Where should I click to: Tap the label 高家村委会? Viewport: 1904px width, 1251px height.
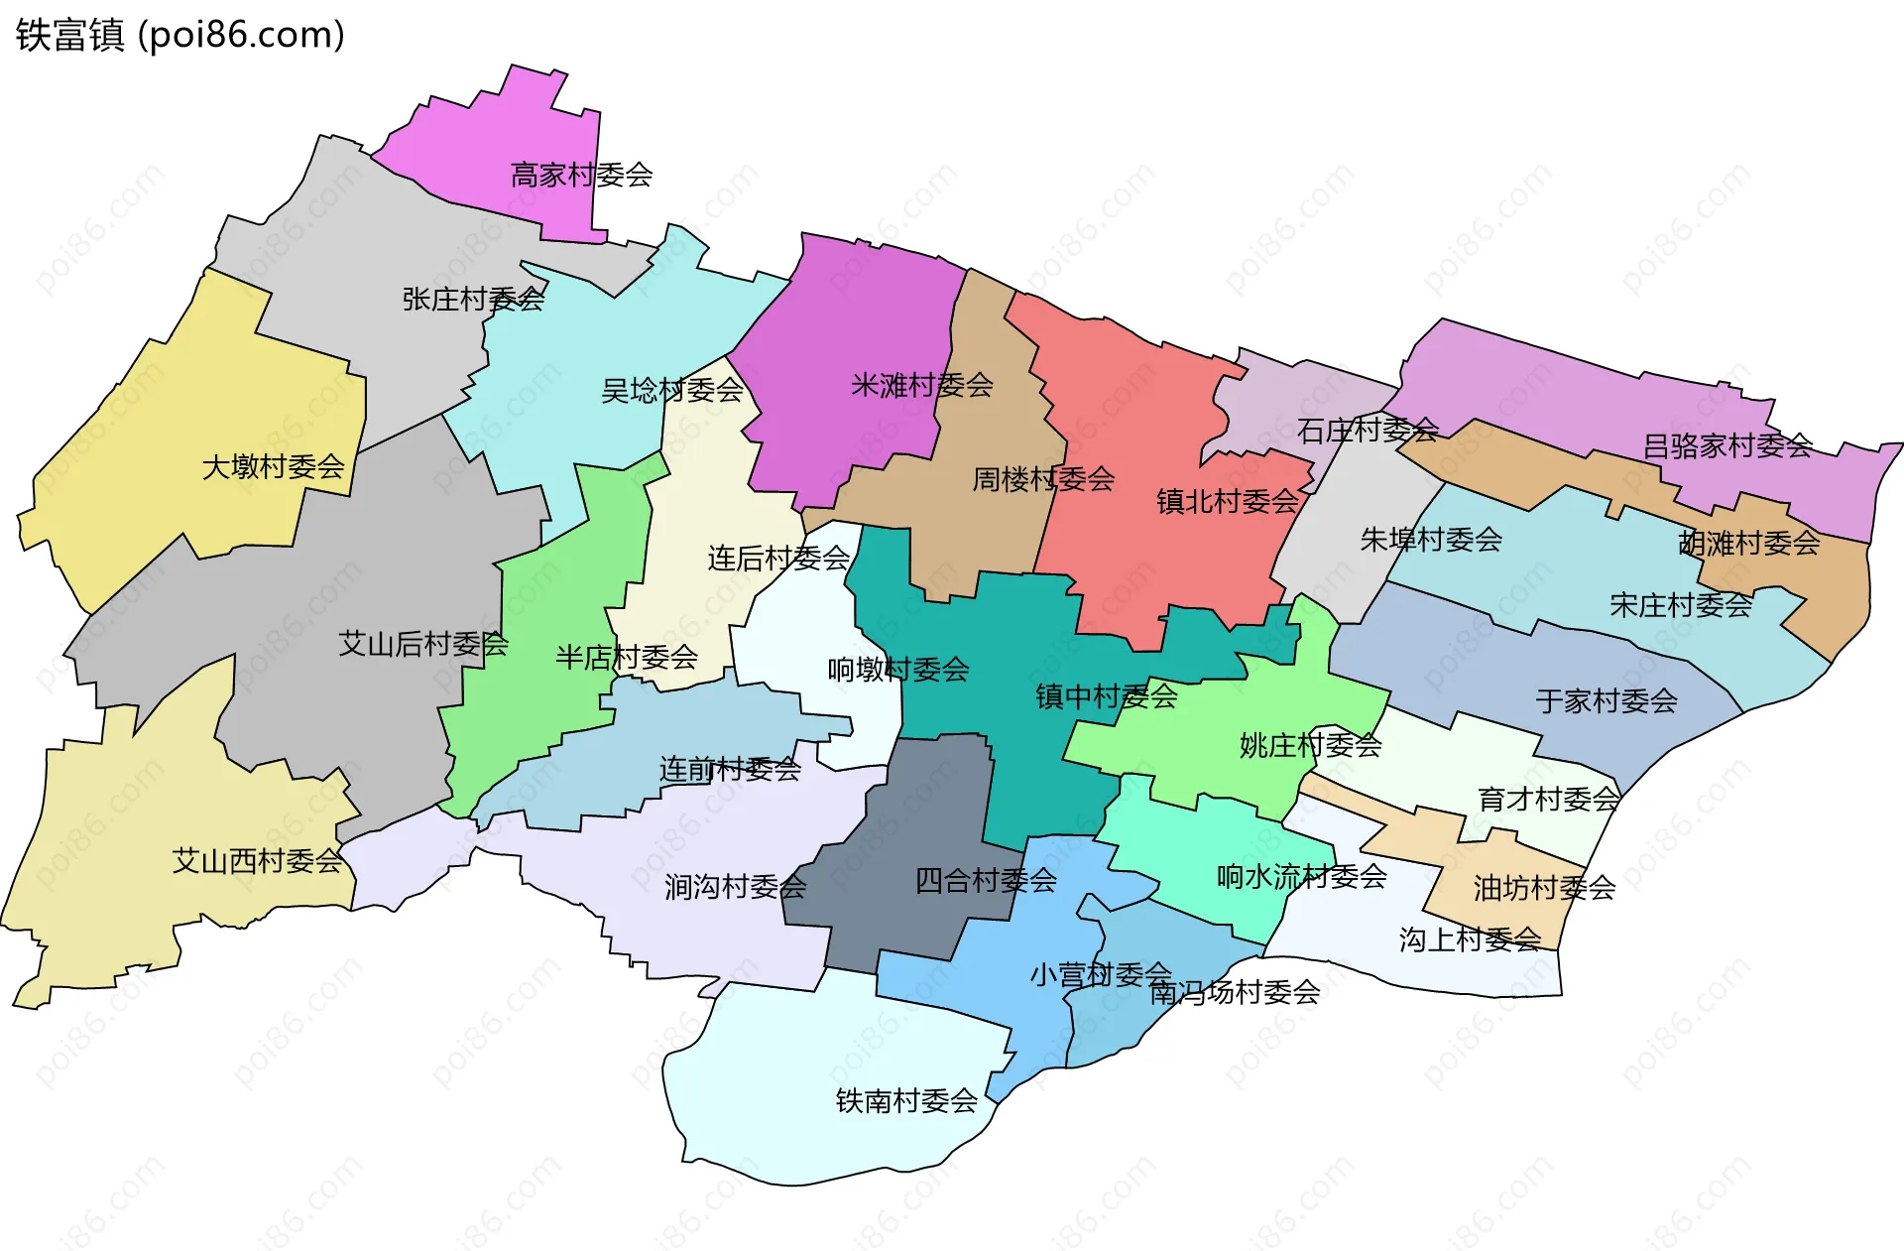pos(581,176)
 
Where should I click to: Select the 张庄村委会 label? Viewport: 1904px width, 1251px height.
pos(473,299)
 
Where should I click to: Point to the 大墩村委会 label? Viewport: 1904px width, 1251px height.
pos(273,466)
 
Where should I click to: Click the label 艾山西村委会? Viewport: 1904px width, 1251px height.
pos(257,861)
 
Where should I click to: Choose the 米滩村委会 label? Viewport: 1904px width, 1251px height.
pos(922,385)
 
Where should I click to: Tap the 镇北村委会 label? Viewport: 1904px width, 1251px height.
pos(1228,501)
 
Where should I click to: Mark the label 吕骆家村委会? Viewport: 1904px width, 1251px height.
pos(1727,446)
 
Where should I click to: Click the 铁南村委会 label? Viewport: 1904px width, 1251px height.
pos(906,1101)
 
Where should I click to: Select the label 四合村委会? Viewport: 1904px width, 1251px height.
pos(986,880)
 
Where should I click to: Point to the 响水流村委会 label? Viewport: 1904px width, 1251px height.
pos(1301,876)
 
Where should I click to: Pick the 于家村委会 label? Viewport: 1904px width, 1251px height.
pos(1606,701)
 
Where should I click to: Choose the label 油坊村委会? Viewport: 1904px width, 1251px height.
pos(1544,888)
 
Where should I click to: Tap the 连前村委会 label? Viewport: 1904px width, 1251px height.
pos(730,769)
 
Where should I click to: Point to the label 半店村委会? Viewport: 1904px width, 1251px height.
pos(627,657)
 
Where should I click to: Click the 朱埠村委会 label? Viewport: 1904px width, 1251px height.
pos(1431,540)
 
